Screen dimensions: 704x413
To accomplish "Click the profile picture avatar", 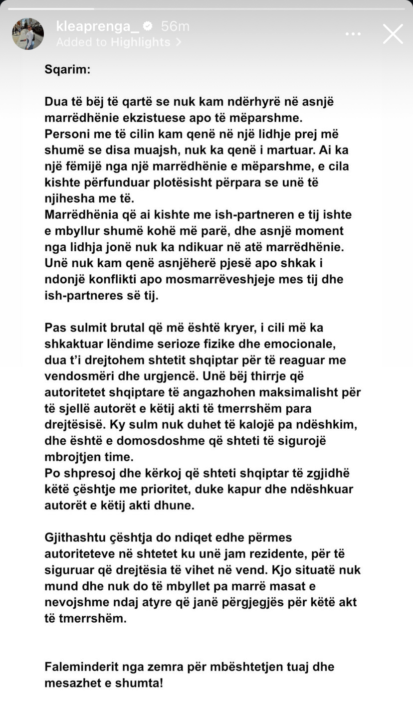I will (x=28, y=34).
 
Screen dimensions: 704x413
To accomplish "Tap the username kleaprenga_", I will (x=97, y=26).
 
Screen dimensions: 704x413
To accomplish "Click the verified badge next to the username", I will (x=148, y=26).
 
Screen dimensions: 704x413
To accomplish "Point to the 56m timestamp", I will (x=175, y=26).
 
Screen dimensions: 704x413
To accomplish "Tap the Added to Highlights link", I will (x=118, y=42).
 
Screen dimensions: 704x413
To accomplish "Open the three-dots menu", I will (x=353, y=34).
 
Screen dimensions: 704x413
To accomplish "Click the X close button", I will (x=393, y=34).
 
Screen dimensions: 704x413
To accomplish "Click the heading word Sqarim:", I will (x=67, y=69).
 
